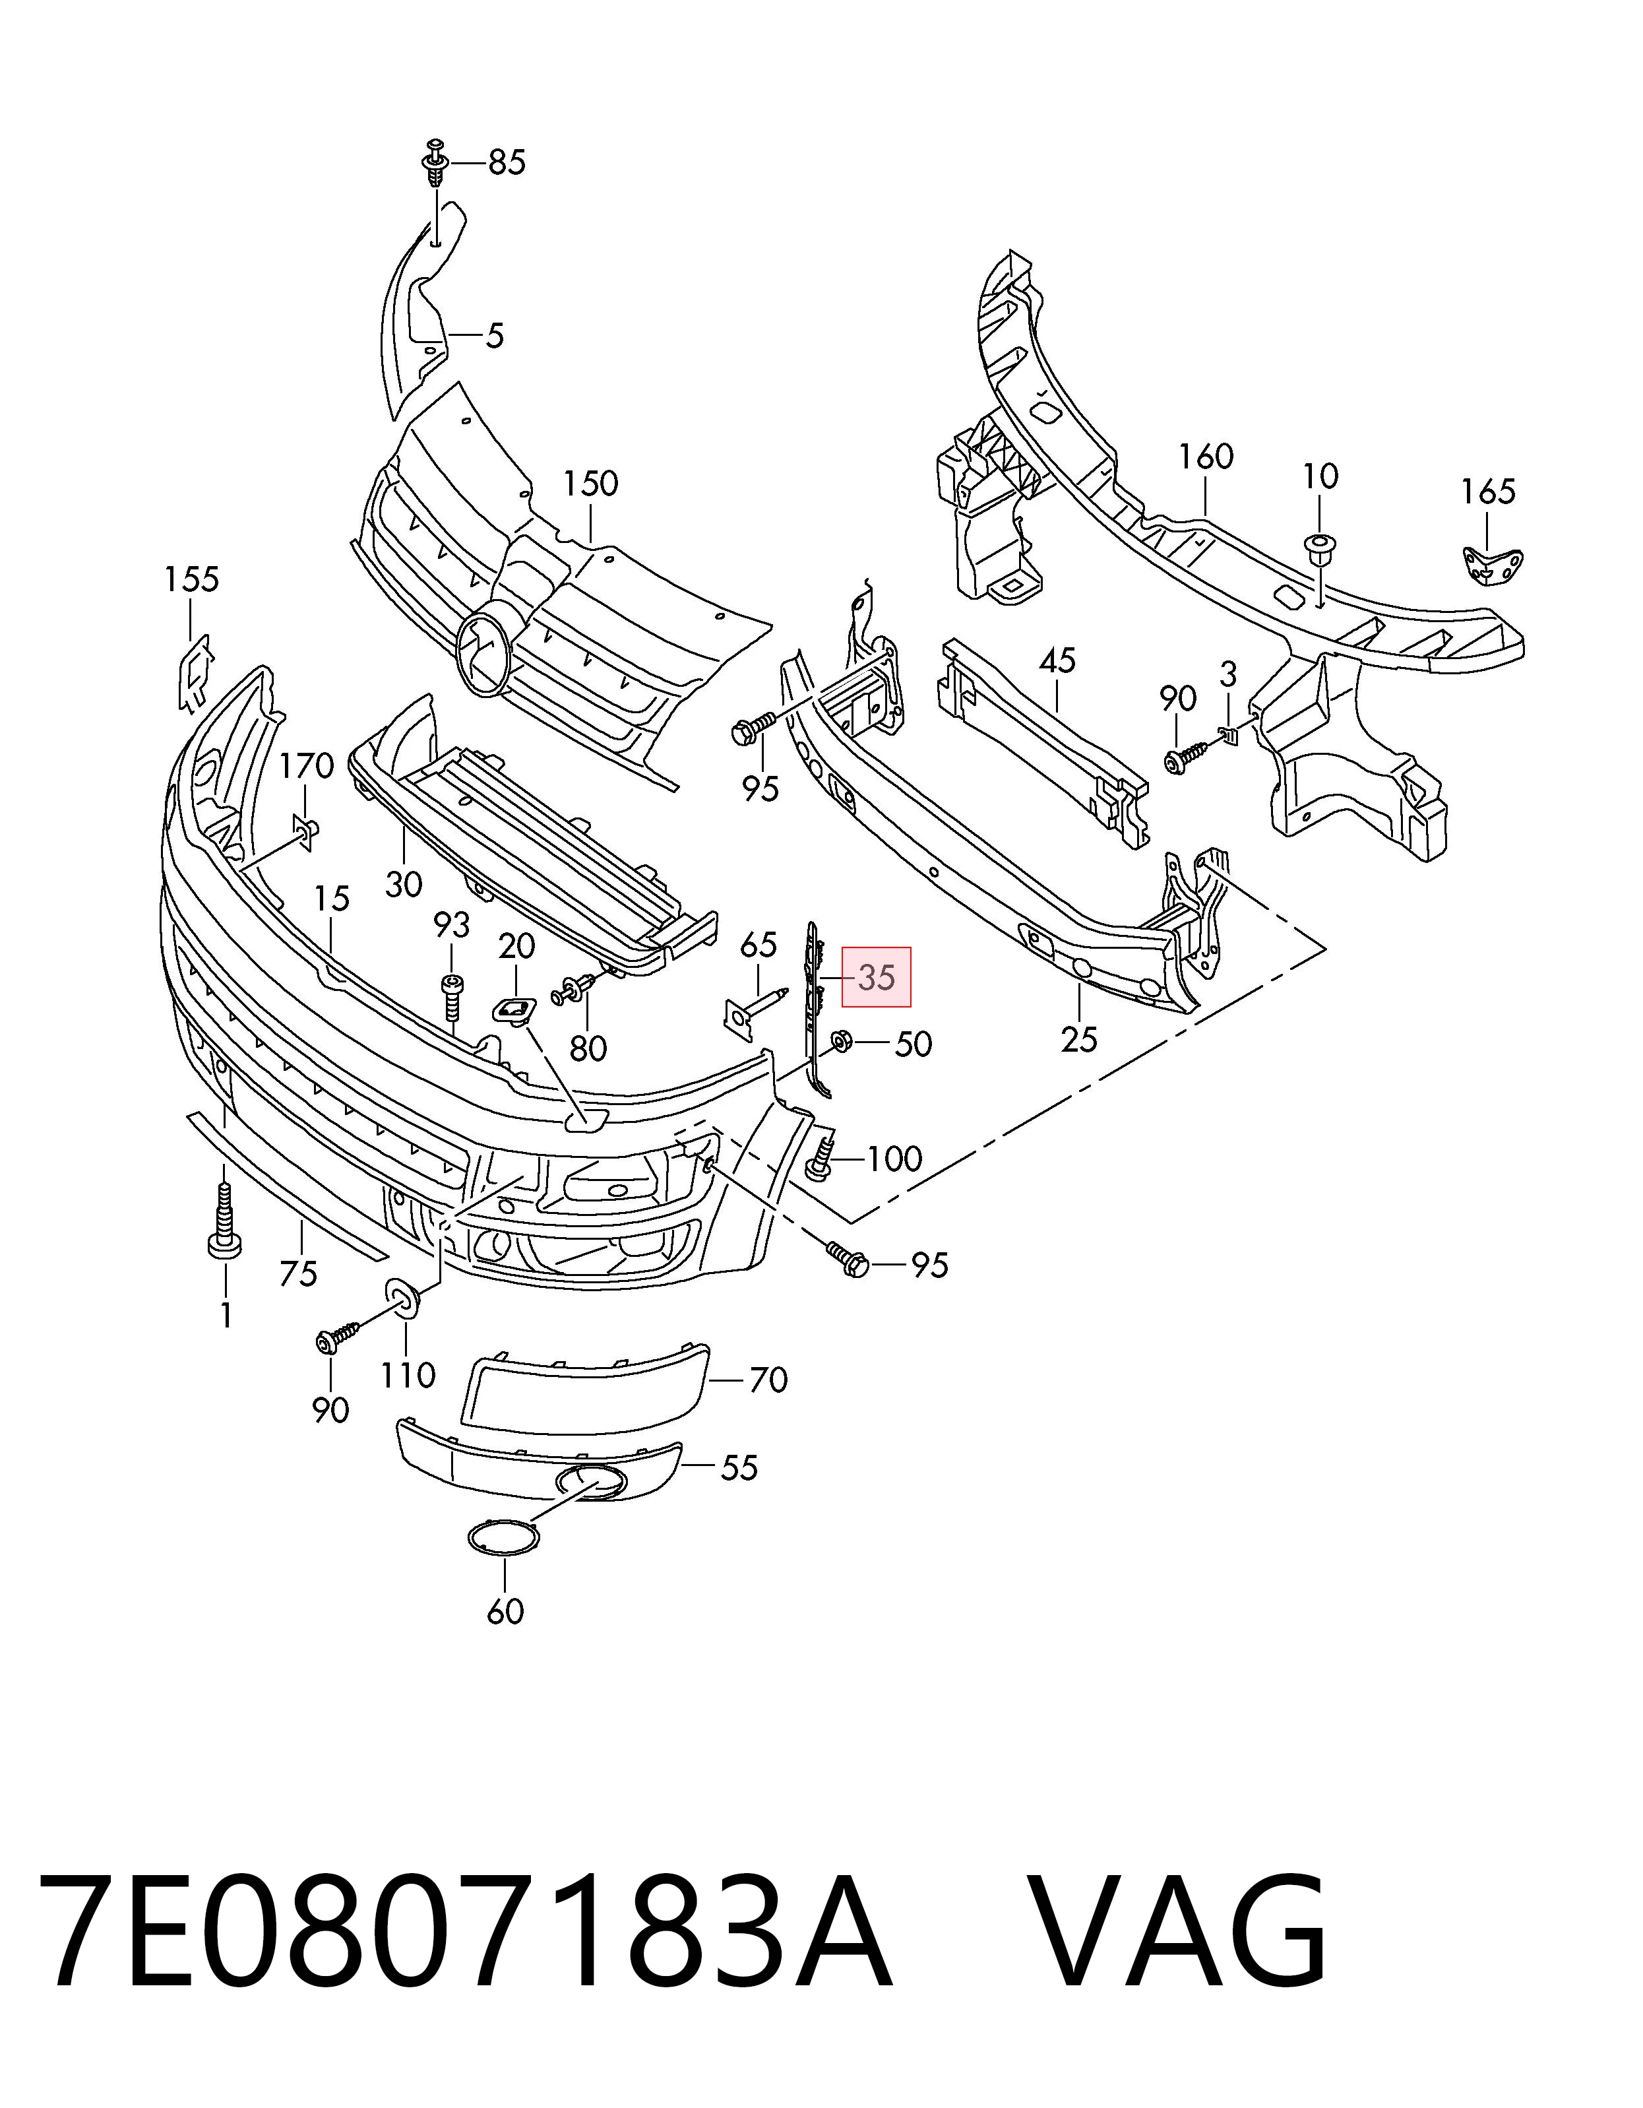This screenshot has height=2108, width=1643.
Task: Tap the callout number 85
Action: point(507,162)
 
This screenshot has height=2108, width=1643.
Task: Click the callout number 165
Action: point(1488,492)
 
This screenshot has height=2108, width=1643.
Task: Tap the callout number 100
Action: point(895,1158)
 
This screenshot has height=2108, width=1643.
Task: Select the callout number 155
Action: point(191,579)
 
